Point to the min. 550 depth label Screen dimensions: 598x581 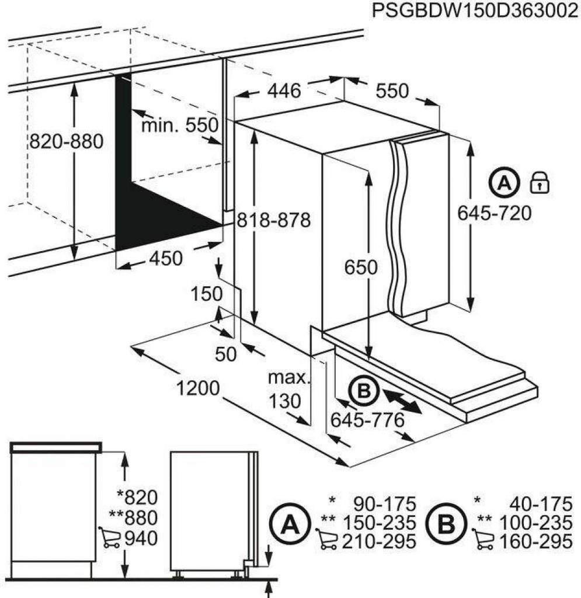click(x=180, y=125)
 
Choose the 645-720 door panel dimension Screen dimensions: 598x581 click(x=494, y=214)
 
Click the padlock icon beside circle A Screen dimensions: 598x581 click(x=540, y=183)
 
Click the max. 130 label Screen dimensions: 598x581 click(x=287, y=389)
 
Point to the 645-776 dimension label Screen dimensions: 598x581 click(x=367, y=419)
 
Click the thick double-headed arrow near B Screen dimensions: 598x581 click(x=403, y=403)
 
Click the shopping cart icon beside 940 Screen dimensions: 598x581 click(x=109, y=537)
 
